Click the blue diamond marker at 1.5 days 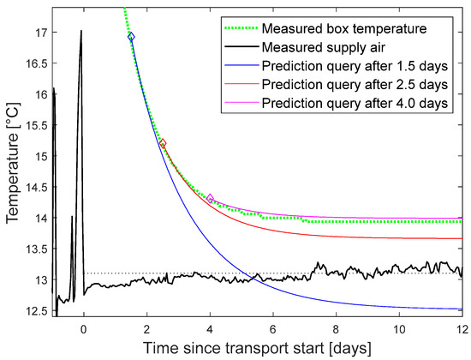[x=131, y=37]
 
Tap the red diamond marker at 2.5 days [x=163, y=143]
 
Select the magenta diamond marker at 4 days [x=211, y=198]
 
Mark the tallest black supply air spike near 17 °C [x=81, y=31]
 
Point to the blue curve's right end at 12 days [x=462, y=309]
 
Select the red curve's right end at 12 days [x=462, y=238]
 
